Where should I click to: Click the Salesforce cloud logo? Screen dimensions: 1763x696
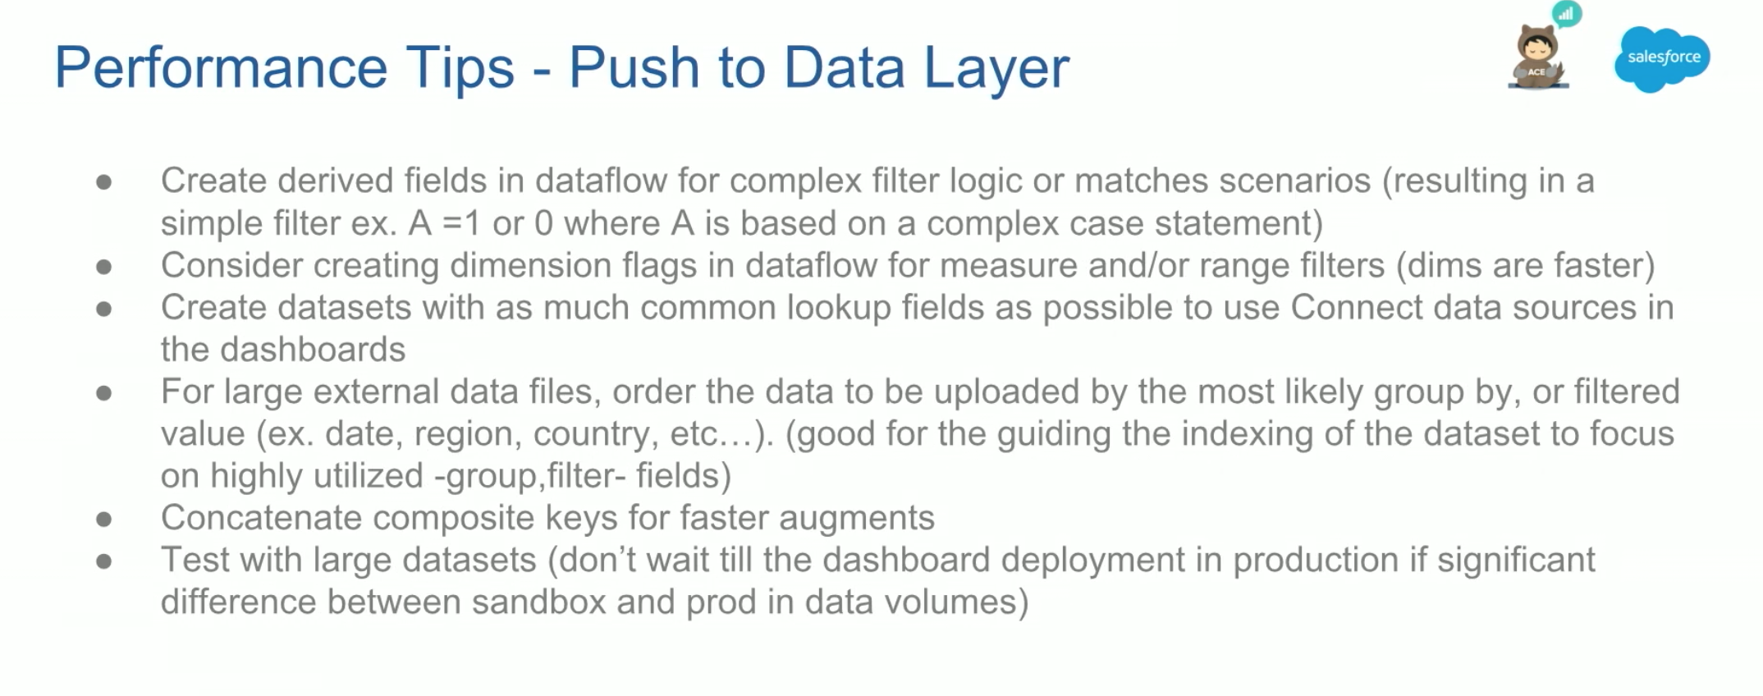pyautogui.click(x=1662, y=59)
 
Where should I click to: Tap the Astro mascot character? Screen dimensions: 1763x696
pyautogui.click(x=1538, y=57)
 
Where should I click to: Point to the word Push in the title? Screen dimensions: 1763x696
pyautogui.click(x=634, y=67)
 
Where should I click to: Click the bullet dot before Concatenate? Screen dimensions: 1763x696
pyautogui.click(x=103, y=520)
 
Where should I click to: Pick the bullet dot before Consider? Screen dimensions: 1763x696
pyautogui.click(x=103, y=267)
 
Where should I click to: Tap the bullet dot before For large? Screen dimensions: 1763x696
pyautogui.click(x=103, y=393)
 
